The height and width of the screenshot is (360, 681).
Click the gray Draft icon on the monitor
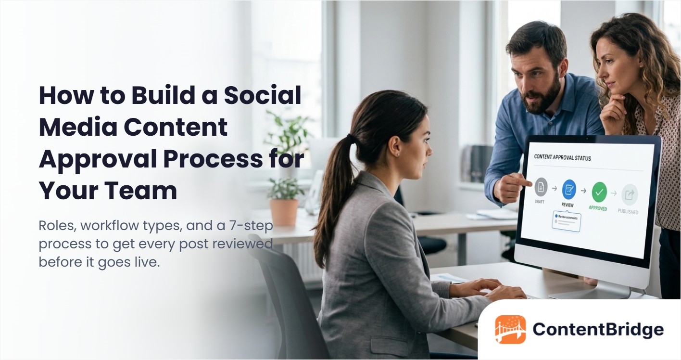click(541, 186)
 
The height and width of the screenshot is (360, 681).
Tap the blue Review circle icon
click(569, 190)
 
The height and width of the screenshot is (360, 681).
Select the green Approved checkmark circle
click(599, 192)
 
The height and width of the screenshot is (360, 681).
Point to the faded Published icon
click(629, 194)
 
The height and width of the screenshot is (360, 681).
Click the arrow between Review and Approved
click(584, 191)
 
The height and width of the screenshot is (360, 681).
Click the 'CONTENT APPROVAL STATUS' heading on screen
click(562, 157)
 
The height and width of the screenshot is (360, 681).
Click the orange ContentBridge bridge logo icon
click(510, 330)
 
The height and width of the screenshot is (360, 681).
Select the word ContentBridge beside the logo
click(598, 330)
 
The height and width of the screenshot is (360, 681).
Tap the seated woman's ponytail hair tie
click(352, 139)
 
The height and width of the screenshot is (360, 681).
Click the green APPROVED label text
click(598, 209)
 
